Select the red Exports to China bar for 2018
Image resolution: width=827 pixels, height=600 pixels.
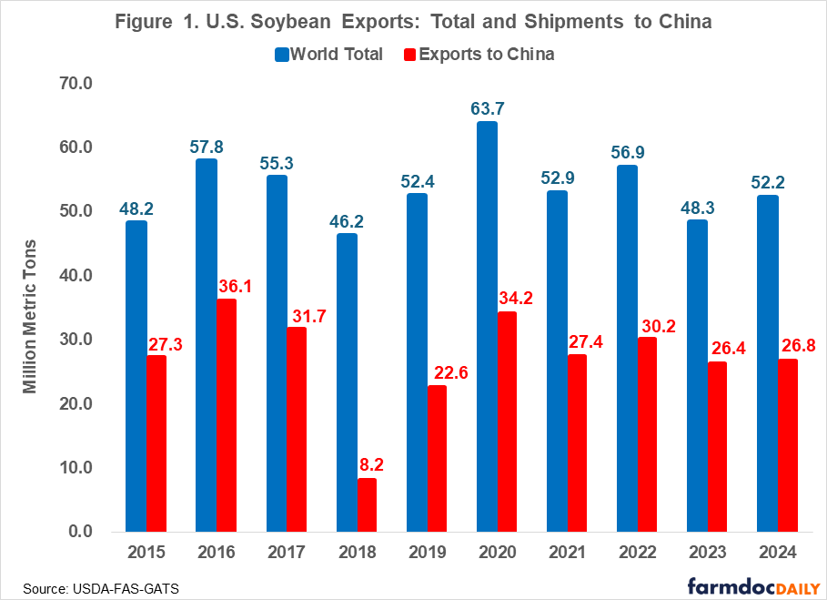[367, 504]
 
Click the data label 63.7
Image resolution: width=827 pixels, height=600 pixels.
[487, 109]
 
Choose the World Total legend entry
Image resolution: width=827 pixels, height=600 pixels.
[328, 54]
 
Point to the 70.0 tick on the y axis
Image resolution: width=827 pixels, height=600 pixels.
[78, 84]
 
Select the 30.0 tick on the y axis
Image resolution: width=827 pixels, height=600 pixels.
[78, 340]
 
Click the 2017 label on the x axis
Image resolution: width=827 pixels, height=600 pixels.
[287, 553]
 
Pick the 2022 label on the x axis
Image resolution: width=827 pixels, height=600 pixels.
[637, 553]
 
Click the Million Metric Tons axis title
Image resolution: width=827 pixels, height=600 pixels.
[30, 315]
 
